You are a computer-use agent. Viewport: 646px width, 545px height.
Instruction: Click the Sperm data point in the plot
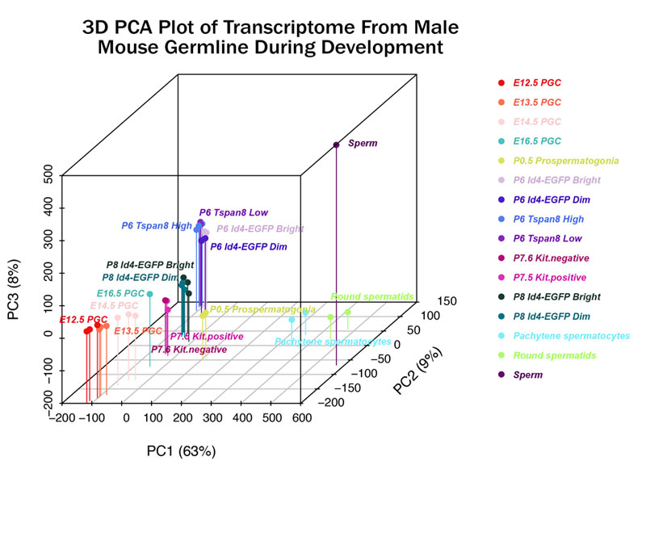[336, 145]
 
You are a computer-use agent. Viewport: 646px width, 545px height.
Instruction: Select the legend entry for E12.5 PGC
[538, 83]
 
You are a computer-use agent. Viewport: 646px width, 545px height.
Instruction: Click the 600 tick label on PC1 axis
[302, 417]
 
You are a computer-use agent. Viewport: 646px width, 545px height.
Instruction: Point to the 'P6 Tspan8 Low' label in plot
[233, 213]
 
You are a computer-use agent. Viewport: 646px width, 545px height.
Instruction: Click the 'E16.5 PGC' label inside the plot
[121, 293]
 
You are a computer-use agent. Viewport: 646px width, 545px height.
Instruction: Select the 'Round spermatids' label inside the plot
[372, 297]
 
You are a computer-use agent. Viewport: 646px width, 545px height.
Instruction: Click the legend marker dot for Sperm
[501, 375]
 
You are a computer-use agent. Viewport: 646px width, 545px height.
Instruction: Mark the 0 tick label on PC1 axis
[125, 417]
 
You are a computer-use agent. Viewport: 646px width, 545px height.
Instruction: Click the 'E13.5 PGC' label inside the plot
[138, 331]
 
